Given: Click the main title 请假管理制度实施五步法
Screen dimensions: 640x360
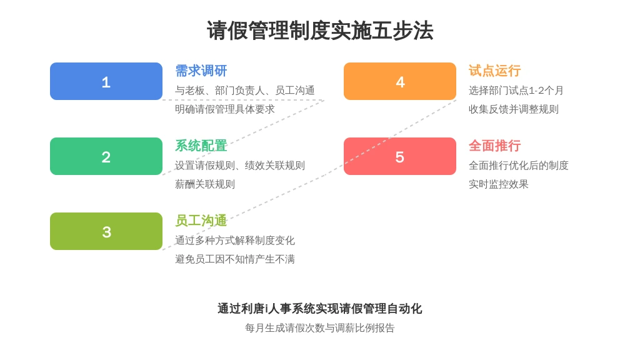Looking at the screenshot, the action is coord(320,31).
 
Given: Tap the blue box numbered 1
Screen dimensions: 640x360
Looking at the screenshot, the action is coord(106,81).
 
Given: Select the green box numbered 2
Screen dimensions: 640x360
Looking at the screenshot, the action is coord(106,156).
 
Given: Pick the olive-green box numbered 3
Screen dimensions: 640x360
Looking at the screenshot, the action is coord(106,231).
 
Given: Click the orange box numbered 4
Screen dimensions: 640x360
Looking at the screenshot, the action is coord(400,81).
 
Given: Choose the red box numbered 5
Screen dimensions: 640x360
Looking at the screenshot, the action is coord(400,156).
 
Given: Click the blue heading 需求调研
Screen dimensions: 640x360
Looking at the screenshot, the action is coord(201,71).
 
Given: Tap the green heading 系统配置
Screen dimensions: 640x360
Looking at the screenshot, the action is coord(201,146).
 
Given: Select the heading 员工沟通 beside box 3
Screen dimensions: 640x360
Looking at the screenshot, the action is coord(201,221).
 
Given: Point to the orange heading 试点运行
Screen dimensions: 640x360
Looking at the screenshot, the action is coord(495,71).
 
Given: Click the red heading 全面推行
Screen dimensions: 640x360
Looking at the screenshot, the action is coord(495,146).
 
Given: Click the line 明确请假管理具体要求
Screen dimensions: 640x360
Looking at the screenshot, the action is coord(225,109).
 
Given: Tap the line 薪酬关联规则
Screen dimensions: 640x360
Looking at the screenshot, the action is coord(205,184).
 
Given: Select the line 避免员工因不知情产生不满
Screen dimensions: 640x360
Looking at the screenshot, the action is coord(235,259).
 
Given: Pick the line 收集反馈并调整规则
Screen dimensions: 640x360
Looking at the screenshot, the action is coord(514,109).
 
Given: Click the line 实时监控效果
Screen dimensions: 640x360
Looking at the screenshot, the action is coord(498,184).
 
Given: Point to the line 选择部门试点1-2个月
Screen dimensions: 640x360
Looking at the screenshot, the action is coord(516,91).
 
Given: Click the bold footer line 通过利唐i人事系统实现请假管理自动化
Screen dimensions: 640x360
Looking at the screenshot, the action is coord(320,309).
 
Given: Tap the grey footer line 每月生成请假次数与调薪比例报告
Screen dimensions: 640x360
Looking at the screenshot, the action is coord(320,328).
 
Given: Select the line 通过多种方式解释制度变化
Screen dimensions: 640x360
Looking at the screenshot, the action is coord(235,241).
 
